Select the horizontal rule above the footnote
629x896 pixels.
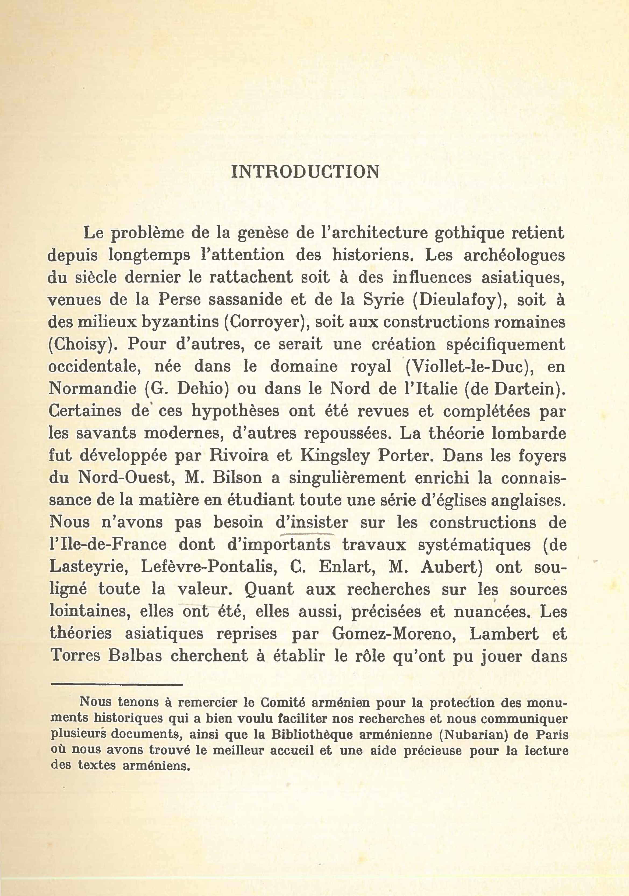(117, 685)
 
